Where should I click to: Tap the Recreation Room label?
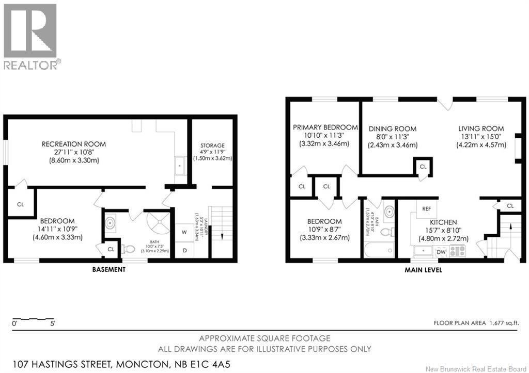pyautogui.click(x=73, y=144)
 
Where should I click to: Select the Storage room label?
pyautogui.click(x=213, y=145)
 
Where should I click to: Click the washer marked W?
pyautogui.click(x=184, y=232)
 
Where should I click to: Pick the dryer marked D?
pyautogui.click(x=184, y=250)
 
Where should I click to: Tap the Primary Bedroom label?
pyautogui.click(x=325, y=127)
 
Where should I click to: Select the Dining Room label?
pyautogui.click(x=393, y=129)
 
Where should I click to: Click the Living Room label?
pyautogui.click(x=480, y=129)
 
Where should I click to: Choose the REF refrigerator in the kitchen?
pyautogui.click(x=426, y=209)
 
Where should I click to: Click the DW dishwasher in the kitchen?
pyautogui.click(x=441, y=252)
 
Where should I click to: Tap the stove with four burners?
pyautogui.click(x=457, y=251)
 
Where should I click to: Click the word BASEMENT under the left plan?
pyautogui.click(x=108, y=269)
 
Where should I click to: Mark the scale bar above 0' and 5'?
pyautogui.click(x=33, y=319)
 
